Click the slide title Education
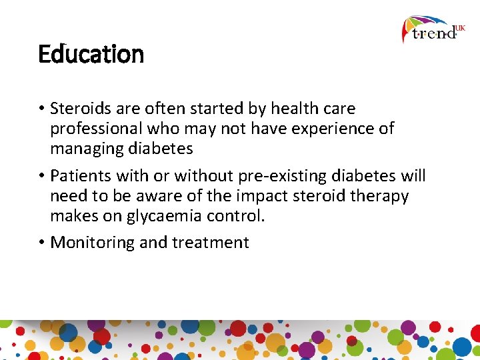pyautogui.click(x=91, y=54)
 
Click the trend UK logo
pyautogui.click(x=433, y=30)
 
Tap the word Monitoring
pyautogui.click(x=93, y=243)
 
